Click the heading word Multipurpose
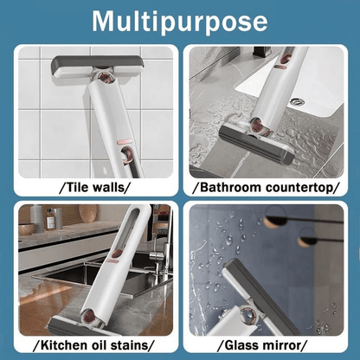click(x=179, y=21)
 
